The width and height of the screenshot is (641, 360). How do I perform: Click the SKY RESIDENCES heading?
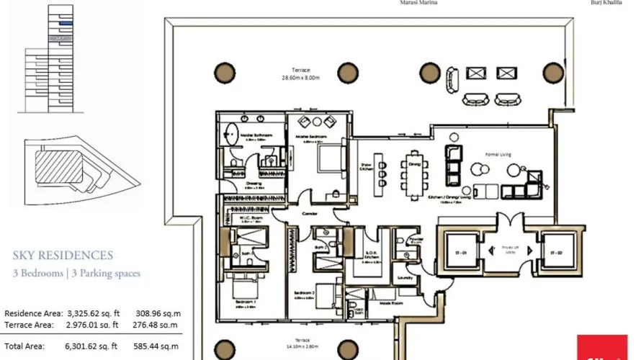tap(63, 255)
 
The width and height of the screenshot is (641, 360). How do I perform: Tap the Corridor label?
tap(311, 213)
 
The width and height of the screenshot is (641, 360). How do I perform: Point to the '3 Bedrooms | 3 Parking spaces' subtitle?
tap(76, 274)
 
